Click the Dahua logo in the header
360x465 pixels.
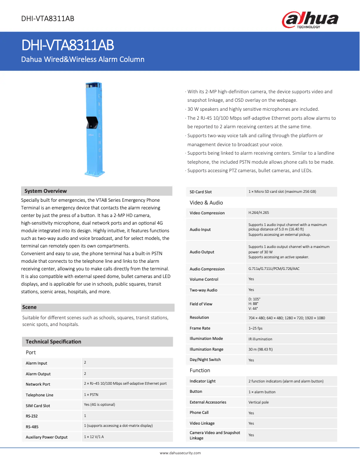pos(310,20)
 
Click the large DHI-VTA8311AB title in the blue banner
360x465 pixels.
pos(68,45)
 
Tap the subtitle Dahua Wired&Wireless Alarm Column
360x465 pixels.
pos(83,59)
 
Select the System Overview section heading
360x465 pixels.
pos(46,191)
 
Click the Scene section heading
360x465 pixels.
pos(30,307)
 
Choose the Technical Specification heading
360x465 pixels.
pos(53,342)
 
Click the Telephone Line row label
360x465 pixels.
pos(40,395)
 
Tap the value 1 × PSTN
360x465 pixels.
pos(92,394)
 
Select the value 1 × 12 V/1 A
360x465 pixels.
pos(94,436)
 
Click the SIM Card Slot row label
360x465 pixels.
pos(38,405)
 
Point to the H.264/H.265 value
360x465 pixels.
pos(259,213)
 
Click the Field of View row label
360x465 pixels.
pos(201,304)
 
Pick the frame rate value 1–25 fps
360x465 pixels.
pos(255,328)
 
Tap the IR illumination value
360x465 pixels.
pos(260,339)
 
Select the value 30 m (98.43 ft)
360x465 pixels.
pos(260,349)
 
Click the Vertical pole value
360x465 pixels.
pos(259,402)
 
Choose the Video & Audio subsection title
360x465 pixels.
pos(206,203)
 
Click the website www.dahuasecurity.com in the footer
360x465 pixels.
pos(180,453)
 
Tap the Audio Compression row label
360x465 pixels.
pos(207,269)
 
